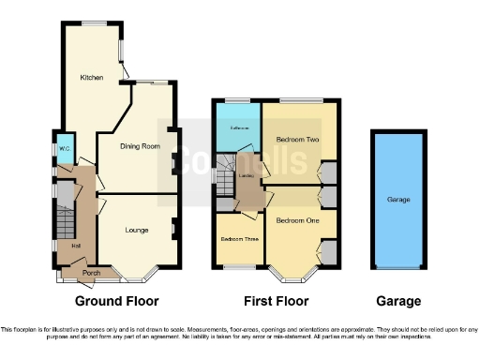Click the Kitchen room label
pyautogui.click(x=91, y=77)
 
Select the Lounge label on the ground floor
pyautogui.click(x=138, y=229)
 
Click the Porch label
pyautogui.click(x=91, y=273)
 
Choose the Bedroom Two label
pyautogui.click(x=297, y=140)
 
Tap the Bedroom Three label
pyautogui.click(x=238, y=239)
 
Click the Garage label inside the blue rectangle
pyautogui.click(x=398, y=200)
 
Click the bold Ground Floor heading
pyautogui.click(x=116, y=302)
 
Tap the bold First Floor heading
pyautogui.click(x=276, y=302)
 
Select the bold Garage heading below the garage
pyautogui.click(x=398, y=302)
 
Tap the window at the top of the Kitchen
pyautogui.click(x=94, y=23)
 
